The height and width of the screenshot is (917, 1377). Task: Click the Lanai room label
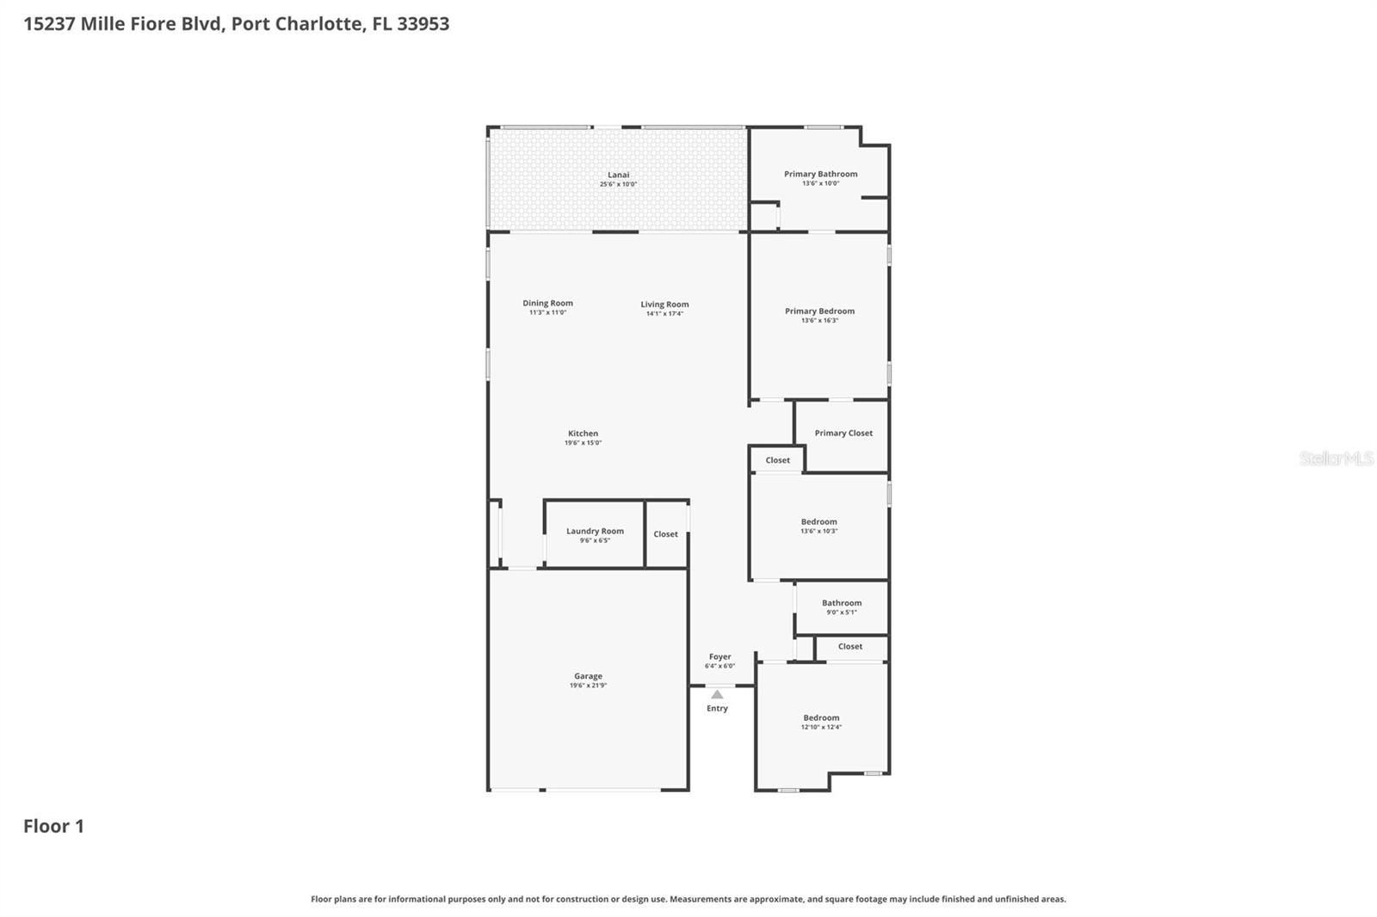(x=618, y=175)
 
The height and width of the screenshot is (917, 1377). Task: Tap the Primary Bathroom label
(x=820, y=174)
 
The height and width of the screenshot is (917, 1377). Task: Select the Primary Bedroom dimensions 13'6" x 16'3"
(x=819, y=321)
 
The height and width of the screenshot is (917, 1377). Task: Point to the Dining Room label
(x=547, y=303)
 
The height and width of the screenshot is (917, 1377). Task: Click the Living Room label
(x=664, y=304)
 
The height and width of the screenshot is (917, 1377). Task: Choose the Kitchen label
(x=583, y=434)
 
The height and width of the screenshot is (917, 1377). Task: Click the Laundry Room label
(x=595, y=531)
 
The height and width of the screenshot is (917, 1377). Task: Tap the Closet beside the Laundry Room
(x=665, y=534)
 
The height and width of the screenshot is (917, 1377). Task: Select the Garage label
(x=588, y=676)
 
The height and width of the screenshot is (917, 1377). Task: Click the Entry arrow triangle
(x=717, y=694)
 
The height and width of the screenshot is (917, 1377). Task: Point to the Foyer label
(x=719, y=656)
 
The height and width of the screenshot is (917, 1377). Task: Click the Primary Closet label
(x=843, y=433)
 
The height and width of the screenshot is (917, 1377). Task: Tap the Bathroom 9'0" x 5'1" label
(x=841, y=603)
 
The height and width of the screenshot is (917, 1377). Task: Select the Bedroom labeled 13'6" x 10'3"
(x=818, y=521)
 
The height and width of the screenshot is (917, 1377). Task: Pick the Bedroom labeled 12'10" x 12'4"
(x=821, y=717)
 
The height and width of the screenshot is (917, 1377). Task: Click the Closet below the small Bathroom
(x=849, y=646)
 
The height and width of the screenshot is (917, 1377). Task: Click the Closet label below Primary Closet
(x=777, y=460)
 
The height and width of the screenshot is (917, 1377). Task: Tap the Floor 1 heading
(x=53, y=826)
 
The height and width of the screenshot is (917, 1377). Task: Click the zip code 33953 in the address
(x=423, y=23)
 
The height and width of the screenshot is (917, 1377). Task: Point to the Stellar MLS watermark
(x=1336, y=459)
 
